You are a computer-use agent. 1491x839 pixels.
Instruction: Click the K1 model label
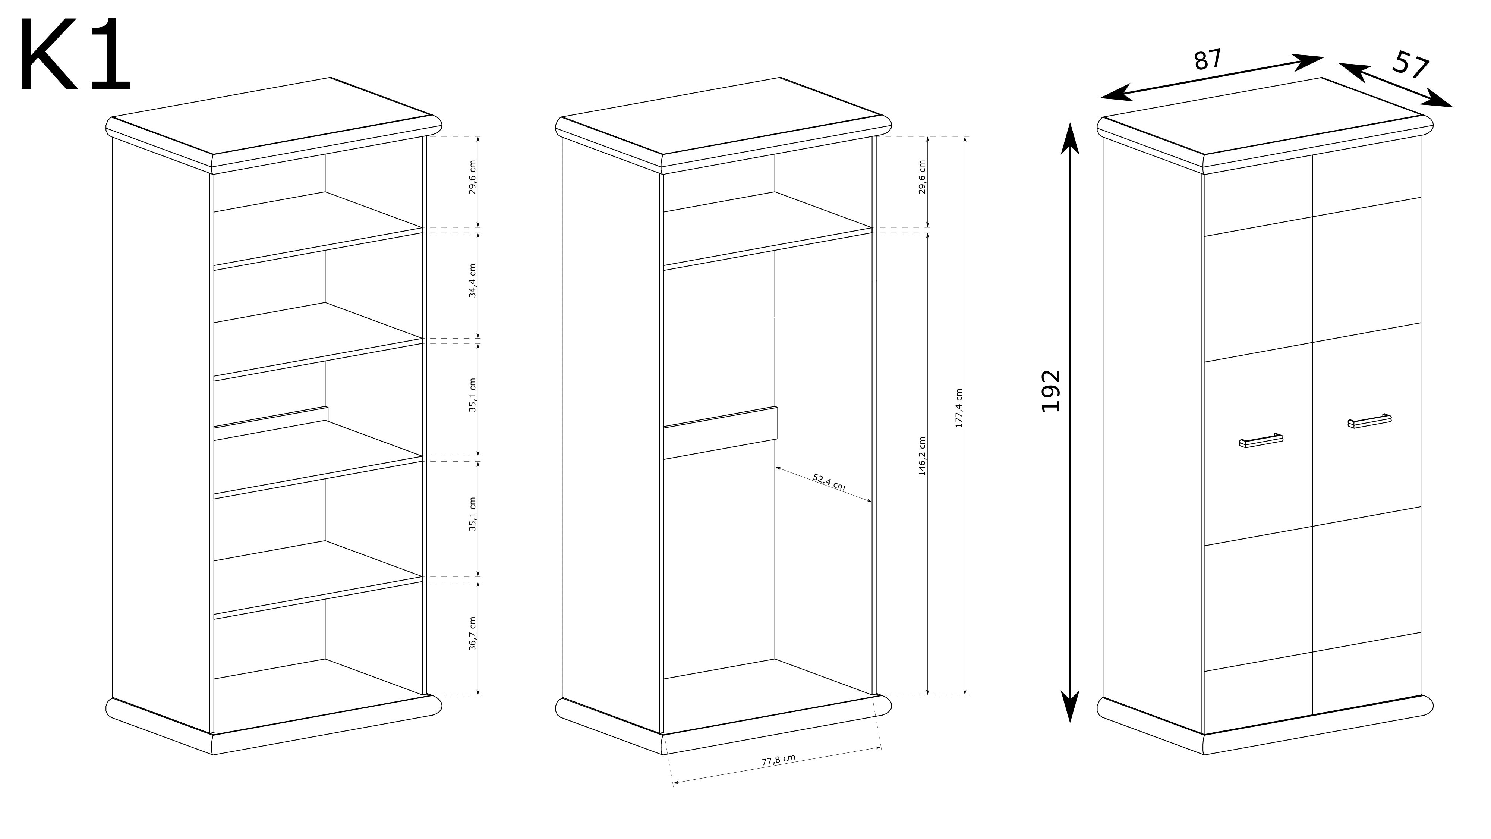(x=75, y=55)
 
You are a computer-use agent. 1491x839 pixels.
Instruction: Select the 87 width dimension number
(x=1208, y=60)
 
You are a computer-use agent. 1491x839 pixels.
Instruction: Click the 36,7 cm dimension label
(x=473, y=634)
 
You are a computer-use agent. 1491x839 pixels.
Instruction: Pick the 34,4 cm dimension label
(x=473, y=281)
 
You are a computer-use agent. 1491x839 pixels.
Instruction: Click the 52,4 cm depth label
(x=829, y=482)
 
